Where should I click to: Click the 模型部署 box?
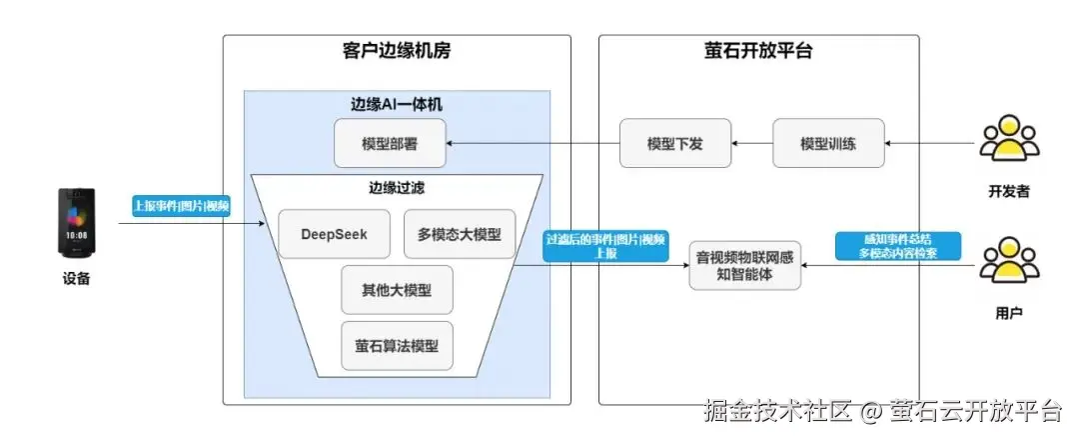390,144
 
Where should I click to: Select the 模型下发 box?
675,144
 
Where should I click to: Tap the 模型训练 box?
828,144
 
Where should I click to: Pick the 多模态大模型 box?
460,235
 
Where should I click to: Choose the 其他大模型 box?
397,290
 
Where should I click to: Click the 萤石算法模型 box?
397,347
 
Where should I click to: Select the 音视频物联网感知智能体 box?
745,265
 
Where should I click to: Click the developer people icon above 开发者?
1008,141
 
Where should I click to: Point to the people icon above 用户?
1008,262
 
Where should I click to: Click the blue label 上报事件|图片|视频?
182,207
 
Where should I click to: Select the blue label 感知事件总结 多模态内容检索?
897,246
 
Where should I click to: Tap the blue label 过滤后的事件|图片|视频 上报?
605,247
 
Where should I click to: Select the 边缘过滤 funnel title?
397,187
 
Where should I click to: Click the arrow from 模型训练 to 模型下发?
751,144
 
